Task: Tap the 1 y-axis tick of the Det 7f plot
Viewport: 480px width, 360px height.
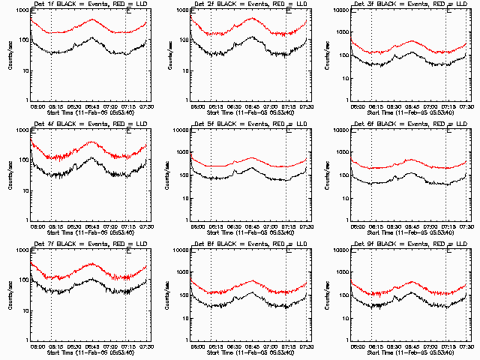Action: pyautogui.click(x=26, y=340)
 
